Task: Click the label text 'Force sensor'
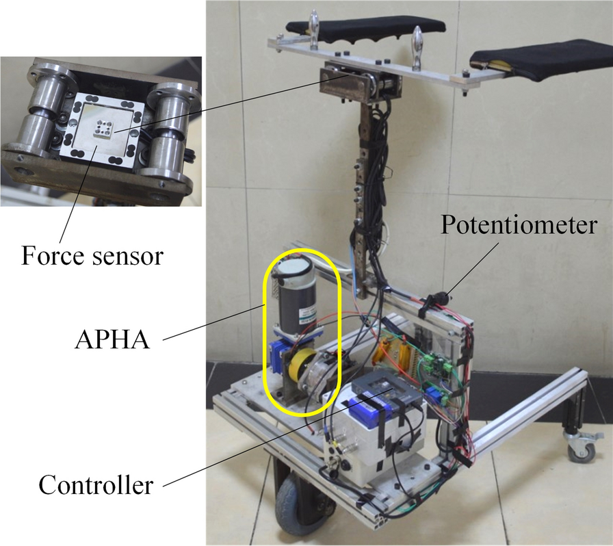point(92,256)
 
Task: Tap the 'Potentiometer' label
point(519,225)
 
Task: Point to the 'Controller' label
point(96,486)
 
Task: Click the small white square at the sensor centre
point(104,128)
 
